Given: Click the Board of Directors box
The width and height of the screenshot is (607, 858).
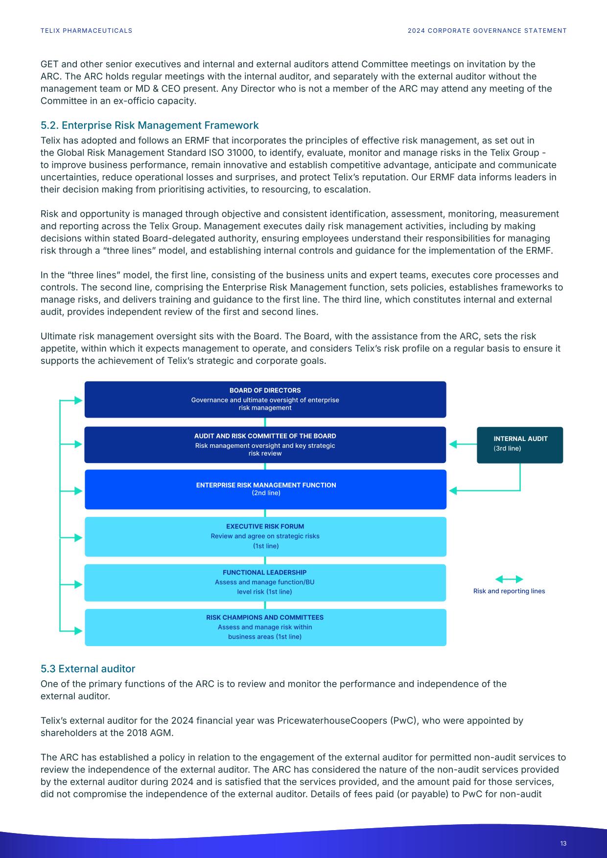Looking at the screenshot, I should click(265, 399).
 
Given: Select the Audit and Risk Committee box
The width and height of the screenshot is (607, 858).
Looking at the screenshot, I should click(265, 444).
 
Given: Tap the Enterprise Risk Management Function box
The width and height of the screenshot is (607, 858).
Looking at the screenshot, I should click(265, 489).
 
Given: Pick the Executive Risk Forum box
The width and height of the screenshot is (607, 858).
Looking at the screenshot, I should click(265, 536).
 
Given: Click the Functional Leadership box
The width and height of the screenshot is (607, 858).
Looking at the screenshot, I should click(265, 582).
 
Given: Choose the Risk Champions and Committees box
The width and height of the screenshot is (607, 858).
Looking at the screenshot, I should click(265, 627).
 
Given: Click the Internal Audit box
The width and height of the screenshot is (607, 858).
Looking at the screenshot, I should click(520, 444).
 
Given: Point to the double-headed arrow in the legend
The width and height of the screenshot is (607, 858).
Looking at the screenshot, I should click(509, 580).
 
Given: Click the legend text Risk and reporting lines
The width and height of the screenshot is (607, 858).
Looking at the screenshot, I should click(509, 591).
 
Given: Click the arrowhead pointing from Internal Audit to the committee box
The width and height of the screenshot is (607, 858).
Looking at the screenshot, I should click(453, 444).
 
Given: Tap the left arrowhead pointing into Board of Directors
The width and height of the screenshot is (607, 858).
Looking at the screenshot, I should click(78, 400).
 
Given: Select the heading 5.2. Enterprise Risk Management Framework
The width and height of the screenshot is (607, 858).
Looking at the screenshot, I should click(149, 125).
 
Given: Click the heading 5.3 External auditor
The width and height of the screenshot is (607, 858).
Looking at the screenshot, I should click(88, 669).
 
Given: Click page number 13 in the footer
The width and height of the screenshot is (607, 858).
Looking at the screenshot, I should click(563, 843).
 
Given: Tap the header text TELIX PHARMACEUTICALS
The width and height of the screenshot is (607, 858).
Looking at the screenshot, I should click(86, 30).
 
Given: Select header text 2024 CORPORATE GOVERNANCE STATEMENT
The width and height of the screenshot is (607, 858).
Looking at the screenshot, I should click(487, 30).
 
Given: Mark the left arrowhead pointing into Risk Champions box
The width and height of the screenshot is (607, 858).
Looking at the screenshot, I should click(78, 630).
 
